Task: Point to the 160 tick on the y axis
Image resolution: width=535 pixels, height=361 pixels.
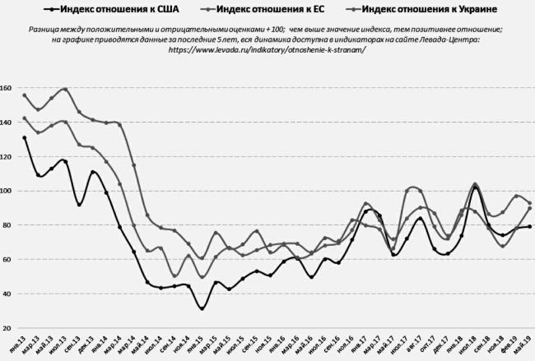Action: coord(7,88)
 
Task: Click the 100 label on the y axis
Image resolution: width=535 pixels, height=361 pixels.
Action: coord(7,191)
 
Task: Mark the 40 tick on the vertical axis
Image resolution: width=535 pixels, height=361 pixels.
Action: coord(7,294)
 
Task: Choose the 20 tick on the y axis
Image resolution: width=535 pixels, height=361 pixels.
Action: coord(7,328)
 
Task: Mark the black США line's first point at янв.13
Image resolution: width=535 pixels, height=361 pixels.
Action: coord(25,138)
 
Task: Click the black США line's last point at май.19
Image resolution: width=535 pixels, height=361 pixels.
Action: coord(529,227)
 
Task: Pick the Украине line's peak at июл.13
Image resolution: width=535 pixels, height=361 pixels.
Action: coord(64,89)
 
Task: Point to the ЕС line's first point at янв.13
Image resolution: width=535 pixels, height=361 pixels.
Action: coord(25,118)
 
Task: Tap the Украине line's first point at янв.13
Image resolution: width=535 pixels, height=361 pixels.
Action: coord(25,95)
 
